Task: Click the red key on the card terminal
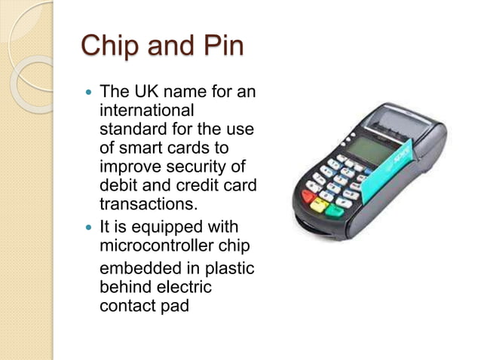(308, 197)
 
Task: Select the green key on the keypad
(335, 212)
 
